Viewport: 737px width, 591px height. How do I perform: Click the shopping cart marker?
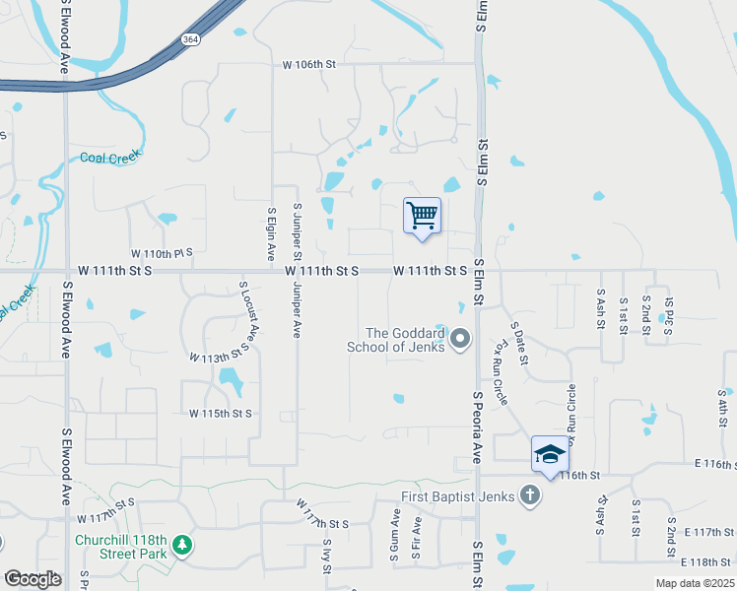422,215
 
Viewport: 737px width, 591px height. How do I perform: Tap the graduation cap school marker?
550,454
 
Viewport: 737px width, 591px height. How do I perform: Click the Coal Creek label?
110,157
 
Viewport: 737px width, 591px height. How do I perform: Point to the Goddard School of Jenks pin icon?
460,340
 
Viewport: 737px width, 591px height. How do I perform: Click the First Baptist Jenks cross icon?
529,495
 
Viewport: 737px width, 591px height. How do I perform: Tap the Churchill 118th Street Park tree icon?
180,544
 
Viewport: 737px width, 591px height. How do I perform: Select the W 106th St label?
309,65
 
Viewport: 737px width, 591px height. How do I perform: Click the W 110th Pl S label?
163,253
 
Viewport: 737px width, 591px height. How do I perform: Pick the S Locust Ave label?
249,311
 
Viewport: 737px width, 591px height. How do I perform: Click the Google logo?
33,579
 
